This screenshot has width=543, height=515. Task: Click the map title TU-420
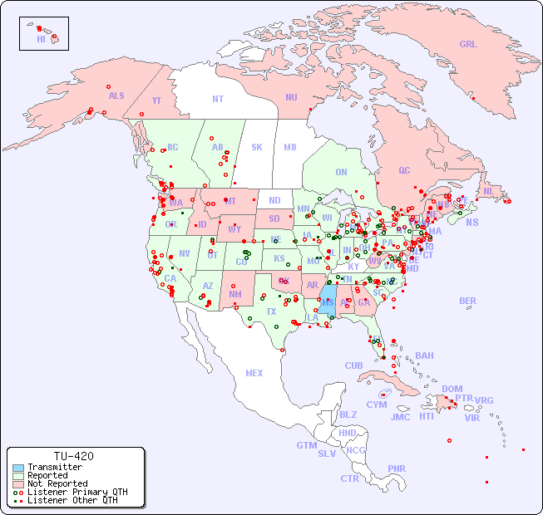coord(74,456)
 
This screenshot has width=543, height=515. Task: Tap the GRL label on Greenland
coord(468,45)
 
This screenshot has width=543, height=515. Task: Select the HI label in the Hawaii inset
coord(41,38)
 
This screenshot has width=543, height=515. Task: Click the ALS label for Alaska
coord(116,96)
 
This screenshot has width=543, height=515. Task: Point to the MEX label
coord(254,373)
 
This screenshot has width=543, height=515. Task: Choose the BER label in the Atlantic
coord(468,301)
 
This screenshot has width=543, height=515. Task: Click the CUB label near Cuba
coord(353,365)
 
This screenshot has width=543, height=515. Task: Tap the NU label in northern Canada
coord(291,97)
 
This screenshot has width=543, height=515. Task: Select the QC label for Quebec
coord(404,170)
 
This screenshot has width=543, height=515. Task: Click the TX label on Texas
coord(271,311)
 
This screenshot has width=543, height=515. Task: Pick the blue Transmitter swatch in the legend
coord(17,468)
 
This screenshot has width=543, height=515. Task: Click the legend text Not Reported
coord(57,483)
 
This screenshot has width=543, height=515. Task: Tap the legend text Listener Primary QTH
coord(77,492)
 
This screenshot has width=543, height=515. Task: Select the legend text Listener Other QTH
coord(72,500)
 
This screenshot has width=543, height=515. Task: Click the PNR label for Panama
coord(397,468)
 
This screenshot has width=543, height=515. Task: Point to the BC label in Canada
coord(173,147)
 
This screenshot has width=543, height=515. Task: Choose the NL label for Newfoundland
coord(489,191)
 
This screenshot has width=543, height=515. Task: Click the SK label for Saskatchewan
coord(257,147)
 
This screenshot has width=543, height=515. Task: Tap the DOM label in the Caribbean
coord(452,389)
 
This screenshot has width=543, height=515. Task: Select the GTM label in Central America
coord(306,445)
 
